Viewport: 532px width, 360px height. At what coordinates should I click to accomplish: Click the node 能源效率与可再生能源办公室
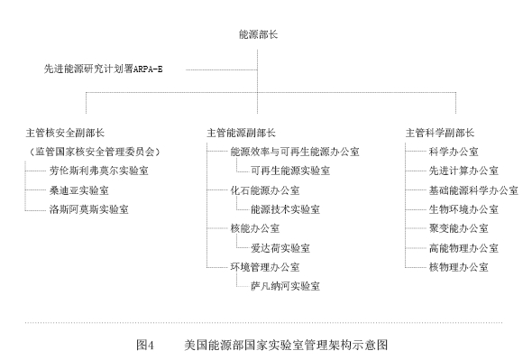pyautogui.click(x=295, y=152)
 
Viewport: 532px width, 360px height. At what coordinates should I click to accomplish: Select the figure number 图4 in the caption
pyautogui.click(x=145, y=344)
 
